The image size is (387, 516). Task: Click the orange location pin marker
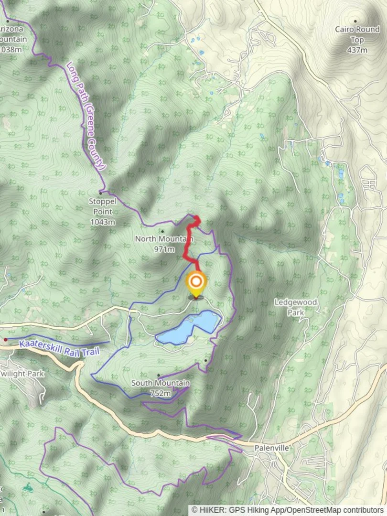pyautogui.click(x=195, y=282)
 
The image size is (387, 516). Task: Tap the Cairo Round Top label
pyautogui.click(x=357, y=34)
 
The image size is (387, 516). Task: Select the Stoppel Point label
pyautogui.click(x=102, y=206)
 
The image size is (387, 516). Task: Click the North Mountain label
pyautogui.click(x=163, y=239)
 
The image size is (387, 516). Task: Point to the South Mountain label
pyautogui.click(x=160, y=383)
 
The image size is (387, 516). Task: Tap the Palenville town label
pyautogui.click(x=271, y=448)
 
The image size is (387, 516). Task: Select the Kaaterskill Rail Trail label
pyautogui.click(x=59, y=348)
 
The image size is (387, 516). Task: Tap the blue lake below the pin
pyautogui.click(x=189, y=329)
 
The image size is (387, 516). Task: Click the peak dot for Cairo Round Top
pyautogui.click(x=355, y=21)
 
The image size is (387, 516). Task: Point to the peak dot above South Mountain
pyautogui.click(x=159, y=376)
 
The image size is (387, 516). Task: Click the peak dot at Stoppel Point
pyautogui.click(x=101, y=192)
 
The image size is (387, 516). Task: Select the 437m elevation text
pyautogui.click(x=357, y=50)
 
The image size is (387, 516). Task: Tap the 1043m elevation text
pyautogui.click(x=102, y=222)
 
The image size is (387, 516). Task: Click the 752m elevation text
pyautogui.click(x=160, y=393)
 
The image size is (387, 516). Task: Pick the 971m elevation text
pyautogui.click(x=163, y=249)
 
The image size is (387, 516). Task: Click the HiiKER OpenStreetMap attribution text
pyautogui.click(x=288, y=510)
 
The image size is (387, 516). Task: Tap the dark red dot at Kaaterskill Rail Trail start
pyautogui.click(x=5, y=340)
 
